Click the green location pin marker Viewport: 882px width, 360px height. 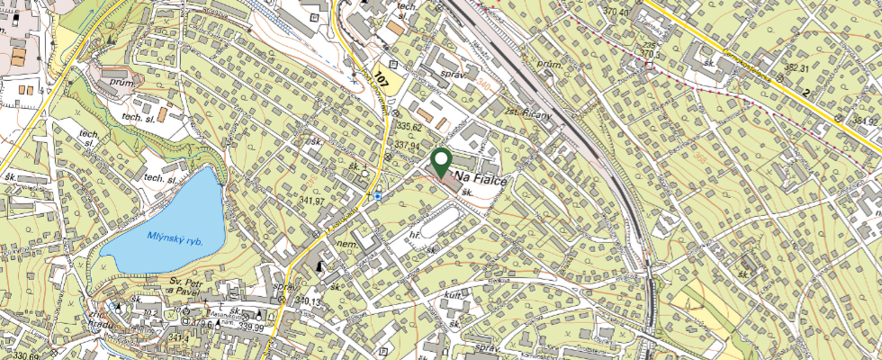tap(442, 162)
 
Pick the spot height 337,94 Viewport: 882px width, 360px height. tap(407, 145)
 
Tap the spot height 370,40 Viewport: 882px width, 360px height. tap(616, 12)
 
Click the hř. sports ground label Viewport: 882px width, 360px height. tap(416, 235)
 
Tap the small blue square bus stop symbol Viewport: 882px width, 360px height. tap(378, 195)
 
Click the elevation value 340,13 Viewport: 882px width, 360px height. tap(308, 301)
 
